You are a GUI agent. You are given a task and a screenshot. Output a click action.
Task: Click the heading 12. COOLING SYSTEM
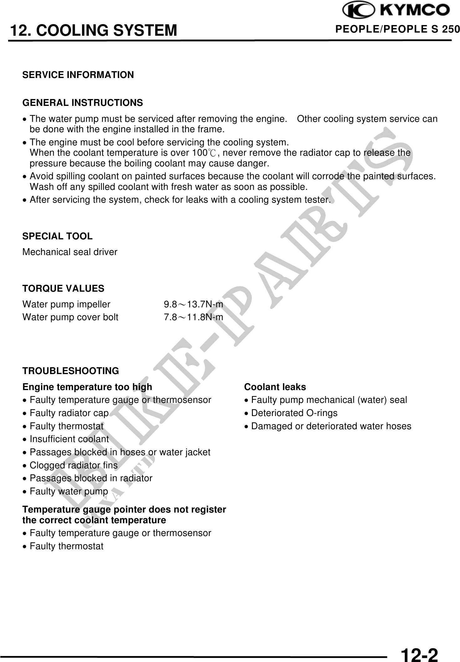(94, 30)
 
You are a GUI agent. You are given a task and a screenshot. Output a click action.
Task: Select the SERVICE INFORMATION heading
(78, 75)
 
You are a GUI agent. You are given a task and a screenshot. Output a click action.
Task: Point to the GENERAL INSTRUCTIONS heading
(83, 103)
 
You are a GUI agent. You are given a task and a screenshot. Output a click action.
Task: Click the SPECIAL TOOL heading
(57, 236)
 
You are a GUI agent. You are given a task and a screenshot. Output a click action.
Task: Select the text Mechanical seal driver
(70, 252)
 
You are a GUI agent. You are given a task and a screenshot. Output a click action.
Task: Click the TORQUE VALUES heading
(63, 289)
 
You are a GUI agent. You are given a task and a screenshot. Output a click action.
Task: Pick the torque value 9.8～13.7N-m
(193, 304)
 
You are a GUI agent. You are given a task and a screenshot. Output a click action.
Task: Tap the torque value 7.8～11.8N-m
(193, 317)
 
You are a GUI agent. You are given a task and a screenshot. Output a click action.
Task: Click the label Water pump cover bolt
(70, 317)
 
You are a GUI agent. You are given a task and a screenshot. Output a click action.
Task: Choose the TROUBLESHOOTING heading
(71, 371)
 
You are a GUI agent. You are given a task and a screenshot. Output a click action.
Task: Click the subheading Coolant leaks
(275, 387)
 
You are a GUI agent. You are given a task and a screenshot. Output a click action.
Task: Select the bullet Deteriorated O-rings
(294, 413)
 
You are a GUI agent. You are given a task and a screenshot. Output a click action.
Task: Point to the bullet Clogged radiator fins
(73, 465)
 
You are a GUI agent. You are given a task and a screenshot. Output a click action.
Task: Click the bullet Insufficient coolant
(69, 439)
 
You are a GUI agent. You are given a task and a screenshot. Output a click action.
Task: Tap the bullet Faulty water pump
(69, 491)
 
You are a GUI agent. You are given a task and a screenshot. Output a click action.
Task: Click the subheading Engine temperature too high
(87, 387)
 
